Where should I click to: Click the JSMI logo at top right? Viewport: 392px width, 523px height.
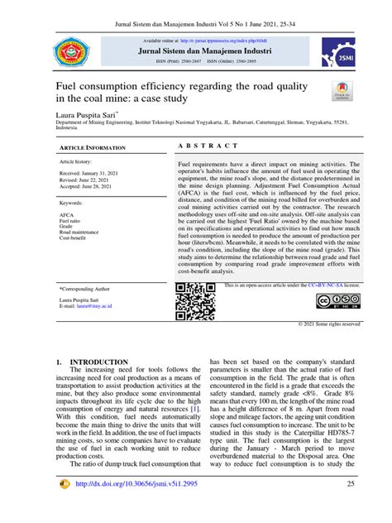344,52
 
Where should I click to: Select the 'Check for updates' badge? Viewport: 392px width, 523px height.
342,93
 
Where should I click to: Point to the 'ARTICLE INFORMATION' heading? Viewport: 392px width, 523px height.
93,146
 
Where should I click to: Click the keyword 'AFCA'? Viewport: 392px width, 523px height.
67,214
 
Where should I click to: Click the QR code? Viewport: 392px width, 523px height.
195,301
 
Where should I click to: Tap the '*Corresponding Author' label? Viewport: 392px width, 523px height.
86,289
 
